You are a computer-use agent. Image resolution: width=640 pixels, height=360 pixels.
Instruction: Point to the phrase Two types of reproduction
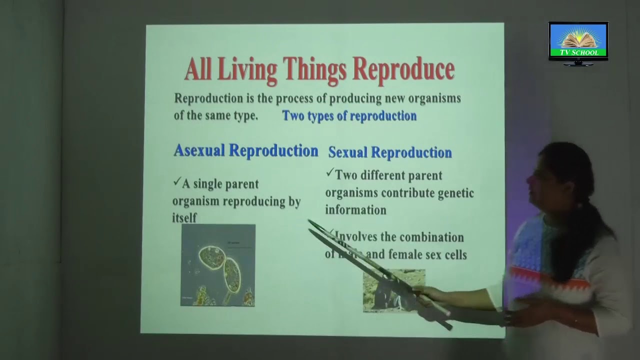coord(349,116)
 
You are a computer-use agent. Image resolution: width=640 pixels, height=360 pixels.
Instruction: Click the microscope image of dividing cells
coord(218,265)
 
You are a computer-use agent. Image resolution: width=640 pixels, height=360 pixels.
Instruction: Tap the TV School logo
coord(578,43)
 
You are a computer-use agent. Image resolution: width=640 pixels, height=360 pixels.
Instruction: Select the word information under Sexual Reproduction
coord(355,210)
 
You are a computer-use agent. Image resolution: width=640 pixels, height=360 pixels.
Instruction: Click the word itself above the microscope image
coord(184,218)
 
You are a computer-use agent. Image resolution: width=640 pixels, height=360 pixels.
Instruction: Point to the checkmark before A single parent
coord(176,182)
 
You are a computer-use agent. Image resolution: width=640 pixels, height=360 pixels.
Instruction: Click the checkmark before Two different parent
coord(329,173)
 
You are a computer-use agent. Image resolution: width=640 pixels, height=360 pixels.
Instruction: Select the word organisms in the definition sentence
coord(434,98)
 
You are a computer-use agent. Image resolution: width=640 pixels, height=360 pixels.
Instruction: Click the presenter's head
coord(560,175)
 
